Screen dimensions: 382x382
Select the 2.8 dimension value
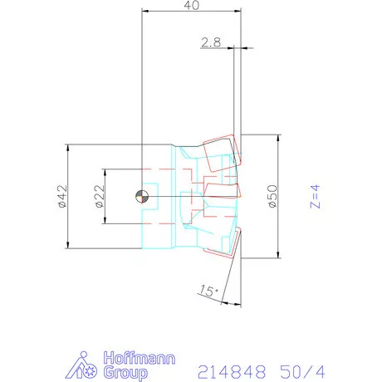[x=211, y=41]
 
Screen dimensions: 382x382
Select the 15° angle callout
[x=209, y=291]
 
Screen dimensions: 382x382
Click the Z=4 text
[x=315, y=196]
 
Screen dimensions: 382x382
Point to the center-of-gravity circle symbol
[x=142, y=196]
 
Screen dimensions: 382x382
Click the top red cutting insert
[x=220, y=154]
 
